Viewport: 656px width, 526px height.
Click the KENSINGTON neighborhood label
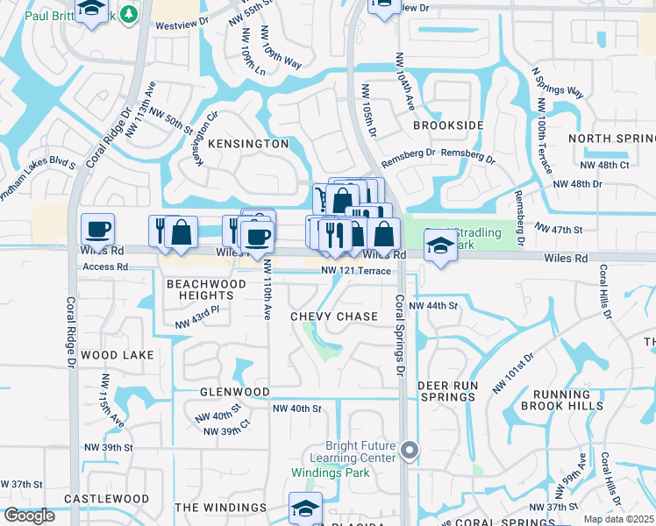[x=248, y=143]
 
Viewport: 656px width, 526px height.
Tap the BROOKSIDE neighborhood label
[x=448, y=125]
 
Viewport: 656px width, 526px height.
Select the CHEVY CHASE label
[x=334, y=316]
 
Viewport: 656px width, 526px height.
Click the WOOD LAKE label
[x=117, y=355]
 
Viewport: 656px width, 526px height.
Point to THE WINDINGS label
[x=220, y=508]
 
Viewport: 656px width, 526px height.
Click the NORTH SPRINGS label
[x=612, y=139]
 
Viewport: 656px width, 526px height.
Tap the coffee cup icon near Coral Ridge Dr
[x=97, y=230]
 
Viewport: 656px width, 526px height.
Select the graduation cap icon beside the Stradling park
[x=440, y=245]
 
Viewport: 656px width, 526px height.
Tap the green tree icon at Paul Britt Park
[x=129, y=15]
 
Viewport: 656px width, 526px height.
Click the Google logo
[x=29, y=515]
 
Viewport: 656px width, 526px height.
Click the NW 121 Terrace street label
[x=355, y=271]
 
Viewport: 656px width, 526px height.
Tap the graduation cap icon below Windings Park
[x=305, y=508]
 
